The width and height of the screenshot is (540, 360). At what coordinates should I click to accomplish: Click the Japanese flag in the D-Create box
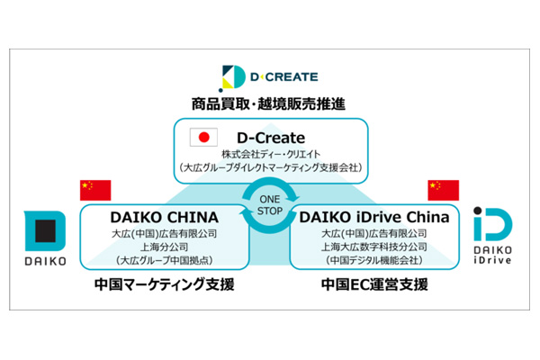pos(203,137)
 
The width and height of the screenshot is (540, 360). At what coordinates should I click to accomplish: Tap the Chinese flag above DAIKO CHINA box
pos(95,190)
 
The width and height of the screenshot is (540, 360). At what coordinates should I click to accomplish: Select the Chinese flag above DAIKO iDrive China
pos(443,190)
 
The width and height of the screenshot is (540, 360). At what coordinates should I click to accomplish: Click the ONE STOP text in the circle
pos(270,205)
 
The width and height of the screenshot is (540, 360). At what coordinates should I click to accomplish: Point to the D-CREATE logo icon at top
pos(232,78)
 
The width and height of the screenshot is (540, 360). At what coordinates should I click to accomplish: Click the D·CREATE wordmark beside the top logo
pos(284,76)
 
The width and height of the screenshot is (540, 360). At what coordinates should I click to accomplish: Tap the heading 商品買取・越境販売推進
pos(268,103)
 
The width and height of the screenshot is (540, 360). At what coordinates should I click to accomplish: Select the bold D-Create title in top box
pos(271,138)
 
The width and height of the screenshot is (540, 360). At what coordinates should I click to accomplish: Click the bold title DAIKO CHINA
pos(165,218)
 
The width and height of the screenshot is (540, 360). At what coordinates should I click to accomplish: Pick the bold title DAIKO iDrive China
pos(374,217)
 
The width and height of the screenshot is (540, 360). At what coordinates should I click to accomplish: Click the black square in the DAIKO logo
pos(45,230)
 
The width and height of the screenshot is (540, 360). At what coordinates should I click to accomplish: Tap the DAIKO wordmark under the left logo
pos(45,261)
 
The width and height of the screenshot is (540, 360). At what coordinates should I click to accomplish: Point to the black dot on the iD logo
pos(477,211)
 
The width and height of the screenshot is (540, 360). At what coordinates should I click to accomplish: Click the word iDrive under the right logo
pos(492,260)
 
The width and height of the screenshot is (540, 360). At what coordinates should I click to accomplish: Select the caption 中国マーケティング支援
pos(165,284)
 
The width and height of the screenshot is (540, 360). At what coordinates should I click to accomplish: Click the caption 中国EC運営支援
pos(374,284)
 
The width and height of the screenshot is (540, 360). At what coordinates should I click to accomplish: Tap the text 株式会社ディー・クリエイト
pos(271,154)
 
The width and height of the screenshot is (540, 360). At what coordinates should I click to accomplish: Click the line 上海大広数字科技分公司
pos(374,247)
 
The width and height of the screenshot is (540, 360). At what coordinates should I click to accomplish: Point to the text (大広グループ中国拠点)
pos(165,260)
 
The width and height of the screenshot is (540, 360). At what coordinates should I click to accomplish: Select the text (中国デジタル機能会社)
pos(374,260)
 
